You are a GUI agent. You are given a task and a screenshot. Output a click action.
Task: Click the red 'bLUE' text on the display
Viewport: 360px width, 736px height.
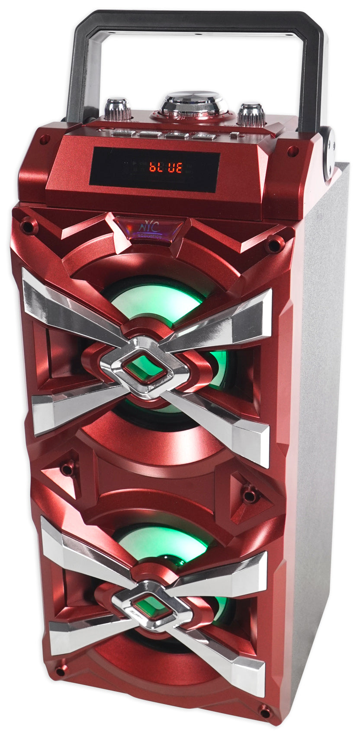(x=166, y=167)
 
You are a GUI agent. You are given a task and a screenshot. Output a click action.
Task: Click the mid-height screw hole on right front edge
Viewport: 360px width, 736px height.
(x=250, y=493)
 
